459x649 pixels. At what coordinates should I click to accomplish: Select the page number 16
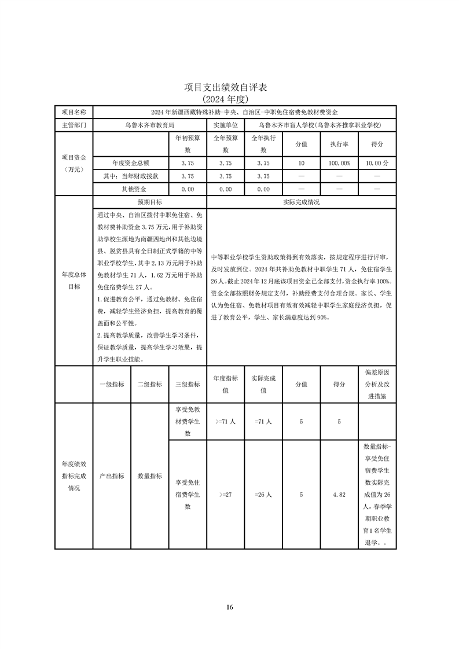pyautogui.click(x=230, y=607)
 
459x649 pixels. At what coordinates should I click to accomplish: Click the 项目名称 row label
pyautogui.click(x=74, y=112)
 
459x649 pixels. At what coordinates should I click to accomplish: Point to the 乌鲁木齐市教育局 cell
pyautogui.click(x=149, y=124)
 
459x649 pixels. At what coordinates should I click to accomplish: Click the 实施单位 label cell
pyautogui.click(x=225, y=124)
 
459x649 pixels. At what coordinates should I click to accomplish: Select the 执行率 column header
pyautogui.click(x=339, y=144)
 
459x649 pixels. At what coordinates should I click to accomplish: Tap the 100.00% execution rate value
pyautogui.click(x=339, y=163)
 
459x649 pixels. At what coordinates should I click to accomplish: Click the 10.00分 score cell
pyautogui.click(x=377, y=163)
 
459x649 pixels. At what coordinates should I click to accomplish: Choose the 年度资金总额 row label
pyautogui.click(x=131, y=163)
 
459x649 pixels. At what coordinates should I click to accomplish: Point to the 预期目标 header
pyautogui.click(x=149, y=202)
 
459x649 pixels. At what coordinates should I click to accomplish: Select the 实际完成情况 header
pyautogui.click(x=301, y=202)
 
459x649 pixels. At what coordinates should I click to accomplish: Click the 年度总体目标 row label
pyautogui.click(x=74, y=281)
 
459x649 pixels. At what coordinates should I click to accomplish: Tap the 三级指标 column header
pyautogui.click(x=188, y=384)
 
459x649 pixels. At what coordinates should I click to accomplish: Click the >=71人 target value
pyautogui.click(x=225, y=422)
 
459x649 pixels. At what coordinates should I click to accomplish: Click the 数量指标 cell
pyautogui.click(x=149, y=476)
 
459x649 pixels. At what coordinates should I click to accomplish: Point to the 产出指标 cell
pyautogui.click(x=112, y=476)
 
